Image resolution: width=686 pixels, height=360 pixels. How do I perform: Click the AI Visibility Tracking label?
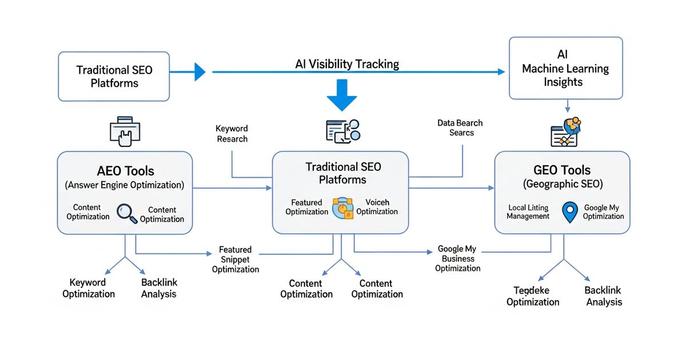[x=347, y=64]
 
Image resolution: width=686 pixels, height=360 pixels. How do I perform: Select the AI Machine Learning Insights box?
[x=565, y=69]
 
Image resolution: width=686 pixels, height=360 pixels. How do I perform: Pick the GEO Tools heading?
[x=563, y=170]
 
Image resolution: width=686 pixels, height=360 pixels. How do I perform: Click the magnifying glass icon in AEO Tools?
[x=126, y=213]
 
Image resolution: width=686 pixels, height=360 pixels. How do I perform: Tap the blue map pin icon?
[x=570, y=212]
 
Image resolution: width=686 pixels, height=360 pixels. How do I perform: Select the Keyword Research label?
[x=232, y=134]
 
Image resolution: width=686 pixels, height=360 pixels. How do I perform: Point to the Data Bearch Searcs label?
[x=460, y=127]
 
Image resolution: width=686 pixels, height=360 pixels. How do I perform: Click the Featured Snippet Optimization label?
[x=236, y=259]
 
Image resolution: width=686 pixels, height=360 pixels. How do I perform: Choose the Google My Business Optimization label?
[x=457, y=258]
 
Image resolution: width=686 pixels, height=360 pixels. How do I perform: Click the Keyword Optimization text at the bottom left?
[x=89, y=288]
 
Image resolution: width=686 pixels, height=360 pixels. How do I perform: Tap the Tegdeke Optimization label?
[x=533, y=296]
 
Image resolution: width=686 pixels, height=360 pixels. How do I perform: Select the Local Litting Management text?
[x=528, y=212]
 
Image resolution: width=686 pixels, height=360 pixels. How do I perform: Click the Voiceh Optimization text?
[x=377, y=207]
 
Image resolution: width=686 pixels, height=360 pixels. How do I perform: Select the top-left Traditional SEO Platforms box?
[x=114, y=76]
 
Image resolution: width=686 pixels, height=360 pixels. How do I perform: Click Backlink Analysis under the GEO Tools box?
[x=604, y=296]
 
